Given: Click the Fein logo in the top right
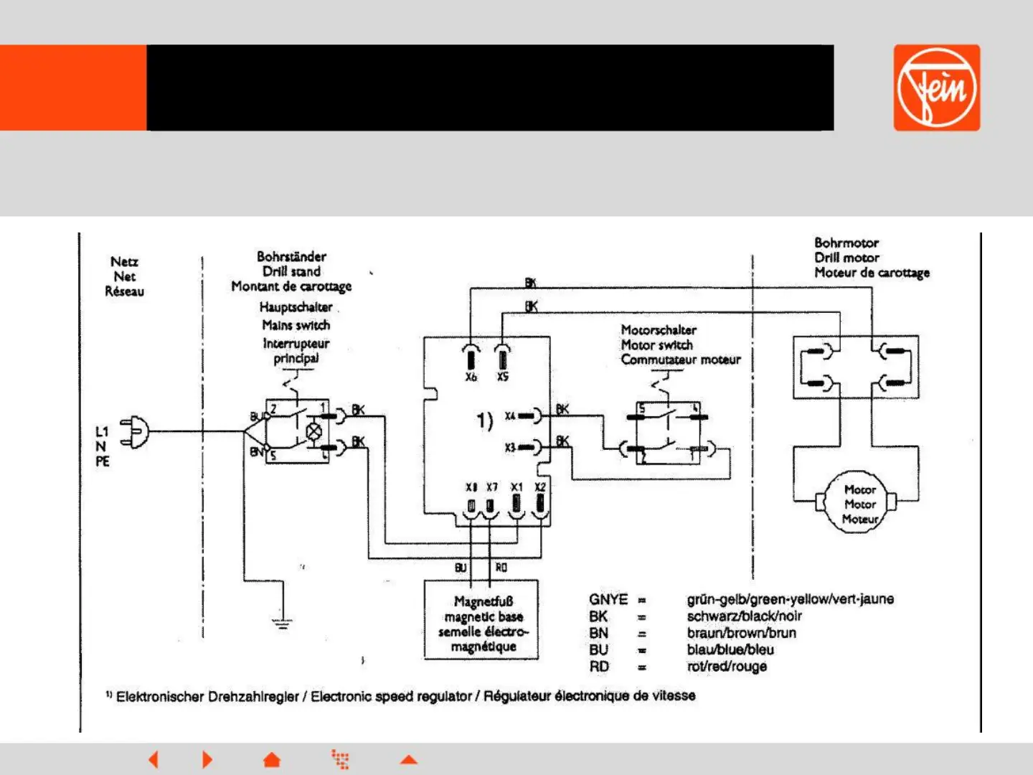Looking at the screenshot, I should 936,88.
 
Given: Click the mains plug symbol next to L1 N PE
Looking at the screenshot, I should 136,432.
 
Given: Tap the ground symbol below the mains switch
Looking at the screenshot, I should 283,622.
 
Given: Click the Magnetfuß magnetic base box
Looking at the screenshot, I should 483,621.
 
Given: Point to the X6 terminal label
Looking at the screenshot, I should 471,377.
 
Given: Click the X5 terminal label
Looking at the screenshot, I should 503,377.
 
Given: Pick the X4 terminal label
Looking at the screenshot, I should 510,416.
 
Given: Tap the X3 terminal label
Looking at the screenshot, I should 510,448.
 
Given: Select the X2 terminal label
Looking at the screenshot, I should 540,487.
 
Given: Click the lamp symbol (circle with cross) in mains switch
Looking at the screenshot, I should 313,431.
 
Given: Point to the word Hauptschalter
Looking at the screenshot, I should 296,307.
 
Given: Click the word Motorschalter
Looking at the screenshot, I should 658,330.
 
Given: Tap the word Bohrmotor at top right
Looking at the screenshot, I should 846,243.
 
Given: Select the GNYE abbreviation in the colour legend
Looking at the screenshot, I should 608,599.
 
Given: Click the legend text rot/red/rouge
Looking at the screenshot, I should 726,667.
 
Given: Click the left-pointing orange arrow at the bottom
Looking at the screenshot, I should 153,759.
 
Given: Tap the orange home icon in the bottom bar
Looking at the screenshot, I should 272,759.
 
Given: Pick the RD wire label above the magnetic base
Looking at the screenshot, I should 501,568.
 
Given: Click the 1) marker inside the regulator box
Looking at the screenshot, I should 485,421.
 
